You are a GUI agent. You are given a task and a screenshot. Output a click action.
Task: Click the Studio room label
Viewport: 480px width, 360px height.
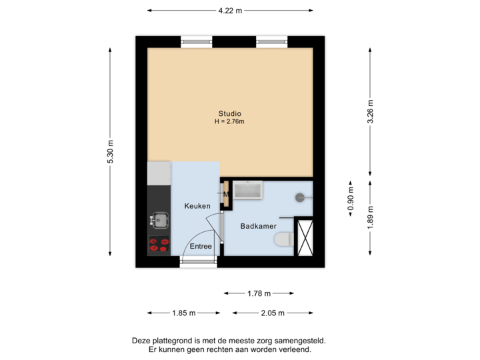229,113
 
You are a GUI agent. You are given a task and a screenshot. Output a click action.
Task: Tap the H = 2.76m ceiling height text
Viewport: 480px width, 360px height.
229,122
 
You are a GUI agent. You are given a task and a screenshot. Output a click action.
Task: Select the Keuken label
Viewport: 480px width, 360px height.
197,206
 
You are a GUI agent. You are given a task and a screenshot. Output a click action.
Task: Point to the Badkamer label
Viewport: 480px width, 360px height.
258,227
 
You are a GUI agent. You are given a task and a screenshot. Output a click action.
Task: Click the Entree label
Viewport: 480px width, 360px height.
201,246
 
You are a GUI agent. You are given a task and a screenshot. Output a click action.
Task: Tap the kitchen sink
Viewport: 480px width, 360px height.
159,219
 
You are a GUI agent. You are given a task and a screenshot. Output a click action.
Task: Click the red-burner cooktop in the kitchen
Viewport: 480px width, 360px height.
159,245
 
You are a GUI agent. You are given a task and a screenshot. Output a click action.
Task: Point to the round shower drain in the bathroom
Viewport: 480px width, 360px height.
301,197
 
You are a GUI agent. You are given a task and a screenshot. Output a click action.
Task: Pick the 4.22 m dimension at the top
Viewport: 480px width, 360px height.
230,10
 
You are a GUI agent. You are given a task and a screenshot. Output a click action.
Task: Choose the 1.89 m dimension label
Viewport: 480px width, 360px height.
371,218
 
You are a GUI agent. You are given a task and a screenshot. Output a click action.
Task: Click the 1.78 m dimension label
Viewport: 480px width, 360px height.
258,293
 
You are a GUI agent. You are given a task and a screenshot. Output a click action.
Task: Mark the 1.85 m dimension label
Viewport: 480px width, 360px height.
183,313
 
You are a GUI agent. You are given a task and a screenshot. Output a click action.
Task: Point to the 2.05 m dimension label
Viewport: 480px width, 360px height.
273,313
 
